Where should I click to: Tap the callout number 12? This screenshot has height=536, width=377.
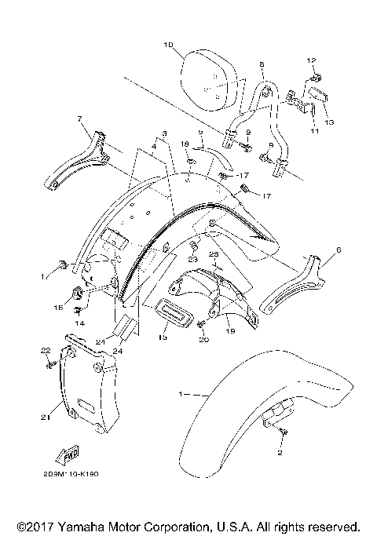(x=310, y=60)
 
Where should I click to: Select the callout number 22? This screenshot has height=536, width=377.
(x=46, y=350)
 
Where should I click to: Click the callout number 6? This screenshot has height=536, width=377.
(x=339, y=250)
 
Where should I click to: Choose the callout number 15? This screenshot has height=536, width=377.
(x=163, y=338)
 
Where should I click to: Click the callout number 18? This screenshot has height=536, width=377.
(x=185, y=145)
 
